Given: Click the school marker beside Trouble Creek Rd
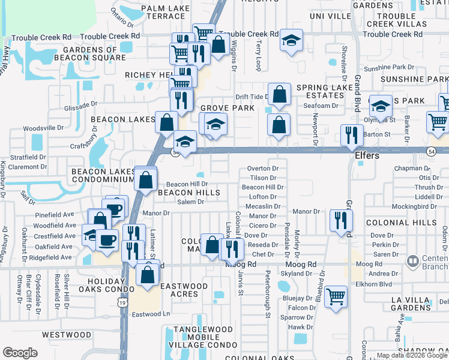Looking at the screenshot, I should coord(292,40).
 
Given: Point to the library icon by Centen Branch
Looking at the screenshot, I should coord(412,262).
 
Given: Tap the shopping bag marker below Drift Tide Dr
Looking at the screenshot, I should coord(279,124).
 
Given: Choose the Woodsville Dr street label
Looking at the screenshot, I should coord(43,128).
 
